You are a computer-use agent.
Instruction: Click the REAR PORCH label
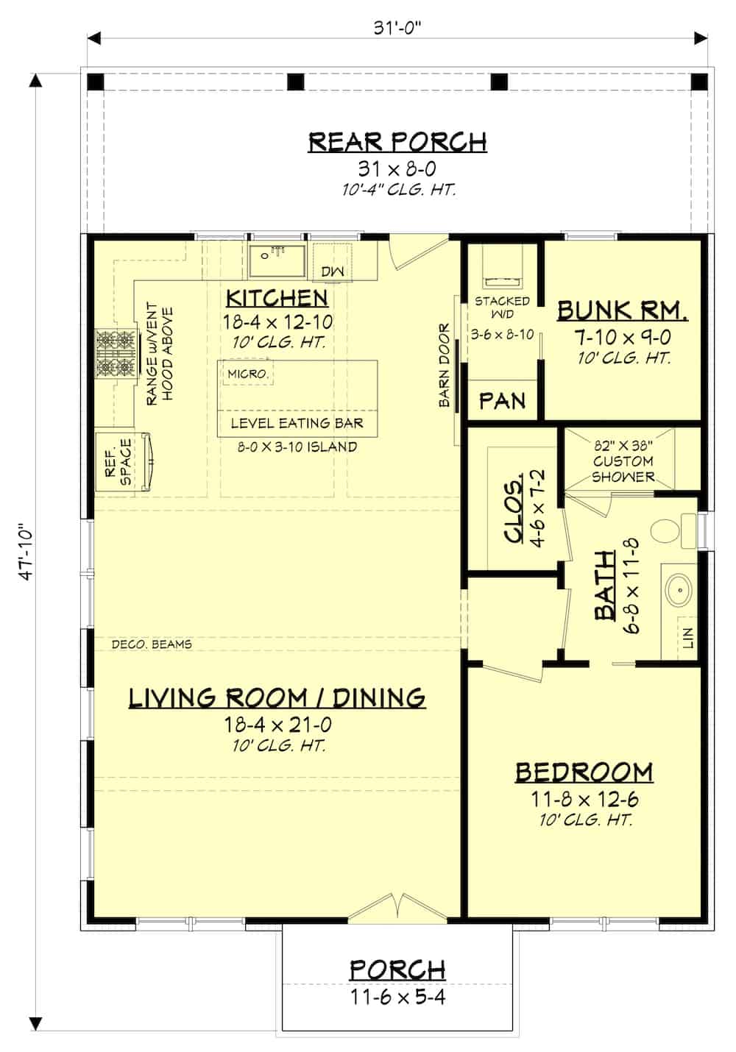click(397, 141)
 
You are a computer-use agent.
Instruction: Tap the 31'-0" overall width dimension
click(397, 28)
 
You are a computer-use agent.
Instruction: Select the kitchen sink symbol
click(277, 260)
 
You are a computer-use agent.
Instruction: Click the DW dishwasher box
click(333, 271)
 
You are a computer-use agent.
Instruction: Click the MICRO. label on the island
click(248, 374)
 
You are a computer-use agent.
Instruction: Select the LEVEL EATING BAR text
click(297, 423)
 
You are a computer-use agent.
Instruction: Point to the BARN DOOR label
click(445, 365)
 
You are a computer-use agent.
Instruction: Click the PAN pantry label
click(503, 401)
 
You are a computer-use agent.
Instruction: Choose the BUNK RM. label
click(622, 310)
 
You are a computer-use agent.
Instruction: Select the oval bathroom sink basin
click(678, 589)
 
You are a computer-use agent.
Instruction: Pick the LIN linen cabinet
click(687, 638)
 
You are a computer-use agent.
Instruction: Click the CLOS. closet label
click(514, 506)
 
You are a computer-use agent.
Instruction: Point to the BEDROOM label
click(584, 772)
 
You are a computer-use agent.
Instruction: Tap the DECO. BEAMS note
click(152, 644)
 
